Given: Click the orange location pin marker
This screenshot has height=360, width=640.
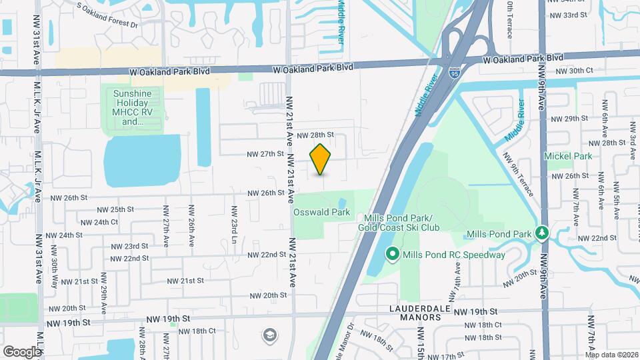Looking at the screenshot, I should [x=321, y=159].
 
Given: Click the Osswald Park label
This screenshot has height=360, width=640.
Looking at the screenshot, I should [x=322, y=212].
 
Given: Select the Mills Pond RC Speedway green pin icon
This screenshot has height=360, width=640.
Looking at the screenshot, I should [x=393, y=254].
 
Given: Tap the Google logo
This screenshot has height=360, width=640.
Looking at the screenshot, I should [x=22, y=351].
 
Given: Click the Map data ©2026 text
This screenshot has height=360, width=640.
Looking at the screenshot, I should [x=612, y=354].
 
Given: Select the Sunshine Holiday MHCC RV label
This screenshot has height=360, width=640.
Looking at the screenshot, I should [x=132, y=107].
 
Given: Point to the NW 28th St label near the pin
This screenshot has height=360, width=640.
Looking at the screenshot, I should [x=315, y=135].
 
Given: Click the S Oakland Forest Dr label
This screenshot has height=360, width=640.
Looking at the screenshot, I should [x=107, y=17].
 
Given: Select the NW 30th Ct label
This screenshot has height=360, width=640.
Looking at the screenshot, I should [x=573, y=71].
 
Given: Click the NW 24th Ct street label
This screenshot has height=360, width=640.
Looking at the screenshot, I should [x=97, y=222].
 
